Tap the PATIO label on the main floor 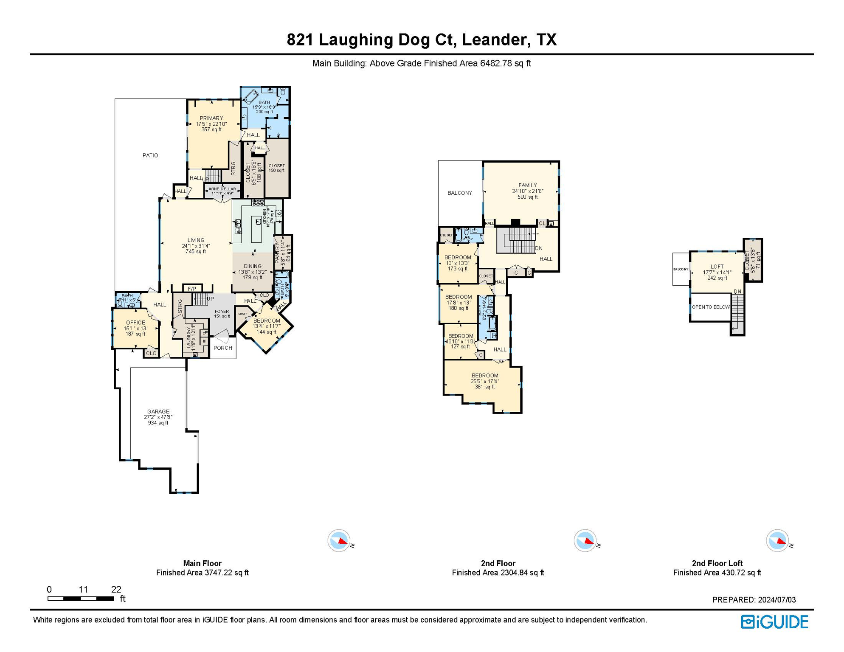pos(150,155)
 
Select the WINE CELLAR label pos(222,189)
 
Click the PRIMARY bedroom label pos(211,118)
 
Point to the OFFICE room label pos(135,323)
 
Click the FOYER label pos(222,312)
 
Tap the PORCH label pos(223,348)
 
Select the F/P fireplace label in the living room pos(192,289)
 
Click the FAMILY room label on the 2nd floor pos(527,185)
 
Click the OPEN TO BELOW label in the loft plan pos(711,307)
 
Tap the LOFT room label pos(717,267)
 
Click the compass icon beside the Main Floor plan pos(339,541)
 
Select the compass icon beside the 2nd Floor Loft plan pos(778,541)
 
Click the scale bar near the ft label pos(81,599)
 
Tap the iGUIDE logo pos(774,622)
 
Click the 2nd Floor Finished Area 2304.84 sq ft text pos(498,573)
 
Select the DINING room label pos(253,267)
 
